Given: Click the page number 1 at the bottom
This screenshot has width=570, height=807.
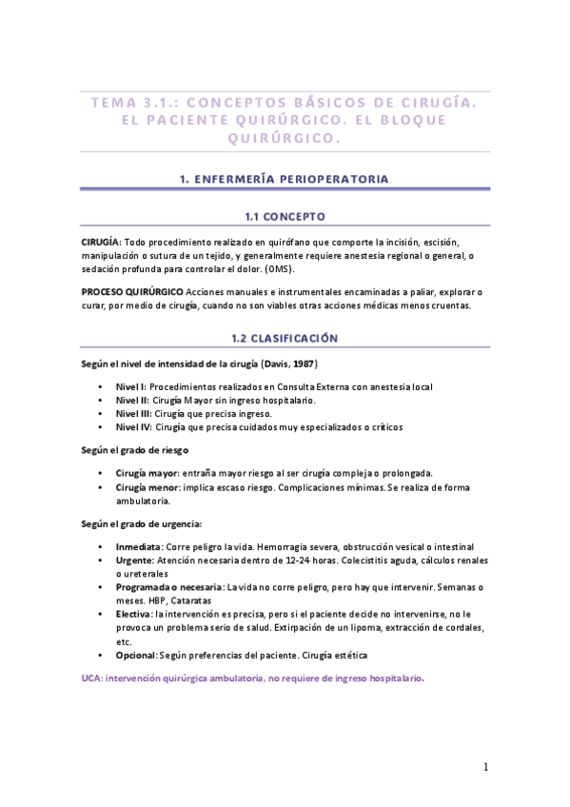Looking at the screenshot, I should click(x=486, y=767).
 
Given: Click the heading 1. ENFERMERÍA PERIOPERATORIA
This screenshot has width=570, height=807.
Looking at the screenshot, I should click(x=285, y=178).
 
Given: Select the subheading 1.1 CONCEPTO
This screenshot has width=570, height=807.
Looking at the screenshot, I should click(x=285, y=216).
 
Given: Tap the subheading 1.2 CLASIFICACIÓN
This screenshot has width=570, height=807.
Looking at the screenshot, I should click(x=285, y=338).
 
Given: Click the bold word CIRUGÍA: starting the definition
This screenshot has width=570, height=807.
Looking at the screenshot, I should click(x=101, y=242).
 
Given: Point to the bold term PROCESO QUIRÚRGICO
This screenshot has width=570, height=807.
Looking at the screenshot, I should click(x=132, y=291).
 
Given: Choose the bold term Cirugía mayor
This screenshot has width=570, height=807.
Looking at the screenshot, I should click(x=147, y=473).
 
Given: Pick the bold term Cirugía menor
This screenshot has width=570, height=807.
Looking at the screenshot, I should click(x=147, y=487).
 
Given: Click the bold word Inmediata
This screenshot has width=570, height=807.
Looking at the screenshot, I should click(x=139, y=547).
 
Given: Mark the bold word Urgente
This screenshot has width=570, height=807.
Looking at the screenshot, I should click(x=134, y=561).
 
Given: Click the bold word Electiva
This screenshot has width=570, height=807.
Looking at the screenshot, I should click(x=134, y=615).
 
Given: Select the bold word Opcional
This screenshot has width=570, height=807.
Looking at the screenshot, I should click(x=137, y=656).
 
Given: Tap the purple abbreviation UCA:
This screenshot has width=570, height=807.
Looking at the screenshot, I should click(x=92, y=678).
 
